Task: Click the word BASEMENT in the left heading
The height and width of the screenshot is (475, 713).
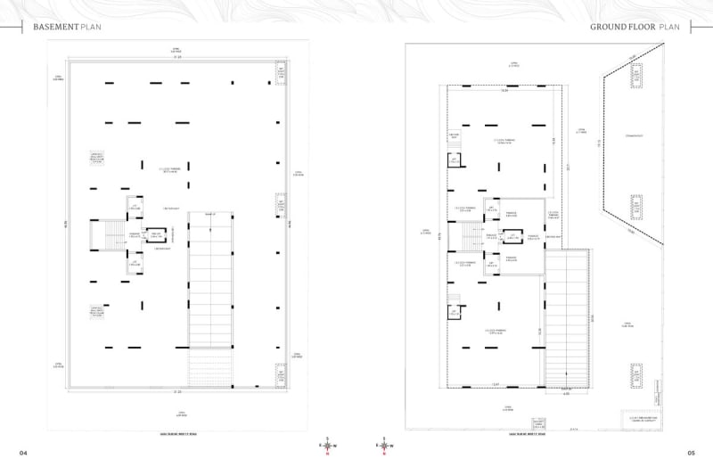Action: coord(55,28)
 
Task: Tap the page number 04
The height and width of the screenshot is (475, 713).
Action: coord(24,453)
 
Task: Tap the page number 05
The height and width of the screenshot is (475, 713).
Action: coord(691,453)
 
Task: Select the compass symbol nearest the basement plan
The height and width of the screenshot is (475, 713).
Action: coord(328,445)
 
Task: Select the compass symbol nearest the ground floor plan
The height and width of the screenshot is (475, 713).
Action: coord(384,445)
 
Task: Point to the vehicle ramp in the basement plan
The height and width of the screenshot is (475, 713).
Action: coord(210,285)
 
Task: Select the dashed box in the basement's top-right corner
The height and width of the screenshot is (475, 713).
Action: coord(281,74)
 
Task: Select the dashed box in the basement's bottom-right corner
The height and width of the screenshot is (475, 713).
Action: coord(281,375)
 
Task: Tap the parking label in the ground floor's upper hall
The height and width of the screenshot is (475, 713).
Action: coord(505,141)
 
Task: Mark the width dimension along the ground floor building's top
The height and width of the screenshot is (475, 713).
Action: coord(504,90)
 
